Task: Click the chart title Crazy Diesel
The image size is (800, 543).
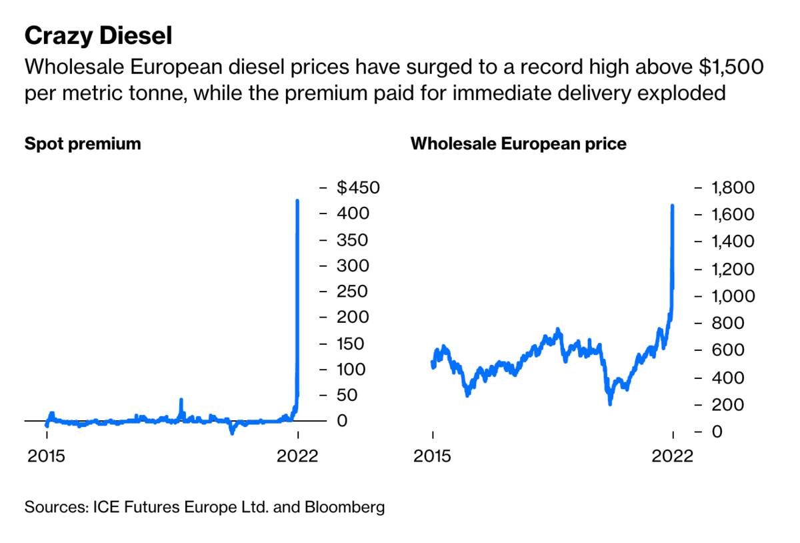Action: coord(98,36)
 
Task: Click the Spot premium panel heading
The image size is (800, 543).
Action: coord(83,143)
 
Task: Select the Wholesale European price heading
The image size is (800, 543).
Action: coord(518,143)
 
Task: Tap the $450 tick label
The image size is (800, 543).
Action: coord(358,188)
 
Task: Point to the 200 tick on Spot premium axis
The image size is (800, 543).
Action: coord(351,318)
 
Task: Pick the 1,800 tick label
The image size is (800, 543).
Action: coord(731,188)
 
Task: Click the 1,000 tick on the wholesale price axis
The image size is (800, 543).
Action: coord(731,296)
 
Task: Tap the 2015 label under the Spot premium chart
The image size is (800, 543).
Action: coord(46,456)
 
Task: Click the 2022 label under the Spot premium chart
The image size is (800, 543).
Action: coord(298,456)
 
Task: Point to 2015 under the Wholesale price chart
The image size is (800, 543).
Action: coord(433,456)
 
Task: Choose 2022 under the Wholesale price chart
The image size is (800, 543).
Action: coord(673,456)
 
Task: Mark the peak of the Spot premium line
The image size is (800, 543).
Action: coord(297,200)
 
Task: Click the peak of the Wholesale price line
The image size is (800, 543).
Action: coord(672,205)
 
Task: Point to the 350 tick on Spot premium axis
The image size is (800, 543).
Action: coord(351,240)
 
